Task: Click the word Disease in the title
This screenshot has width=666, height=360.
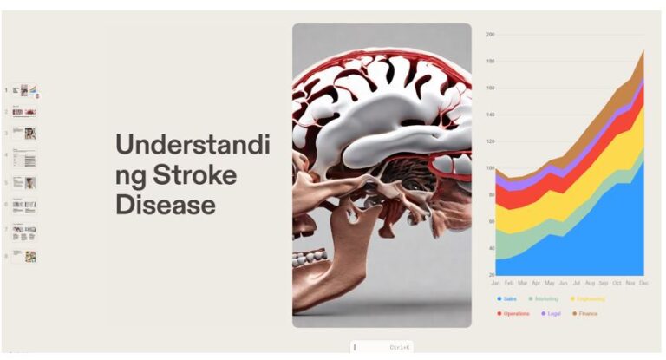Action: click(166, 205)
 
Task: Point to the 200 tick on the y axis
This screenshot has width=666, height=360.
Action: click(490, 35)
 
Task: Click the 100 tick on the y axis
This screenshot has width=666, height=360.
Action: click(490, 168)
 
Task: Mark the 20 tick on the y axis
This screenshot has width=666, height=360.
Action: click(490, 275)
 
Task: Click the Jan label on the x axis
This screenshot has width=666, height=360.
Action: click(496, 284)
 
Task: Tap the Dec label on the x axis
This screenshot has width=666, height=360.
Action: click(644, 284)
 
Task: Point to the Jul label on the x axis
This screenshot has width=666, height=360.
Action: click(577, 284)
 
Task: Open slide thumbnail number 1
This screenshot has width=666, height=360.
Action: click(24, 90)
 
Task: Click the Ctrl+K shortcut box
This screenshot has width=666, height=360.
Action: click(382, 347)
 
